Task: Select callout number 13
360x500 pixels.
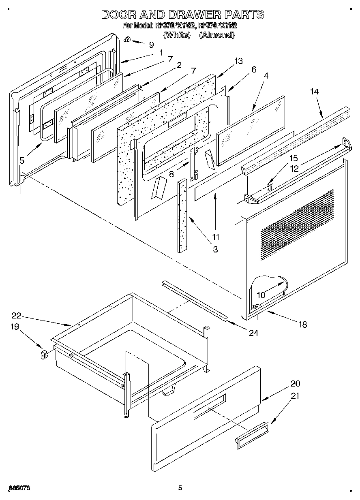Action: point(238,61)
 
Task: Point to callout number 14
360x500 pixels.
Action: point(315,92)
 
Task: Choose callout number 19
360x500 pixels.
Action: point(15,327)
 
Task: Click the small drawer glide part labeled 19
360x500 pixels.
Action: point(43,355)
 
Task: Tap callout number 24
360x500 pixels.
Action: point(253,333)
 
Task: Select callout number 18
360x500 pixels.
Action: point(302,324)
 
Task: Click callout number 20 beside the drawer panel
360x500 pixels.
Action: point(295,384)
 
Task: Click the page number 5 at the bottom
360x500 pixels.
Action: point(180,488)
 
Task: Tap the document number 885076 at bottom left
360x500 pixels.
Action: point(19,488)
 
